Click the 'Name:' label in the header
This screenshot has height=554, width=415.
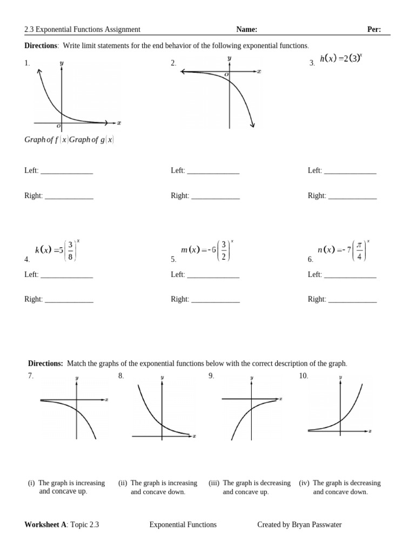[246, 30]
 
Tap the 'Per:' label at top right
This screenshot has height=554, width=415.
[374, 30]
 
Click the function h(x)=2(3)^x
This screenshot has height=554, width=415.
[340, 58]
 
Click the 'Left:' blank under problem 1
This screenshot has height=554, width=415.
[66, 171]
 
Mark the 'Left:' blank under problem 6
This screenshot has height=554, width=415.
[350, 275]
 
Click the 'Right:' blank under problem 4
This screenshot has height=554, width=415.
[69, 300]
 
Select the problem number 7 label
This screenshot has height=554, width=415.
[31, 376]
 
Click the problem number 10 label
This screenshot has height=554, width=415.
[303, 376]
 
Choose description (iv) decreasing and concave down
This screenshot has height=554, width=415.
[340, 487]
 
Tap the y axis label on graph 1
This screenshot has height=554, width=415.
[62, 63]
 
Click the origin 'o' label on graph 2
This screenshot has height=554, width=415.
[226, 75]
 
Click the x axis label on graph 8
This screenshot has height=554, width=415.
[194, 436]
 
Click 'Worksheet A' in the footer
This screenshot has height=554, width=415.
[45, 525]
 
